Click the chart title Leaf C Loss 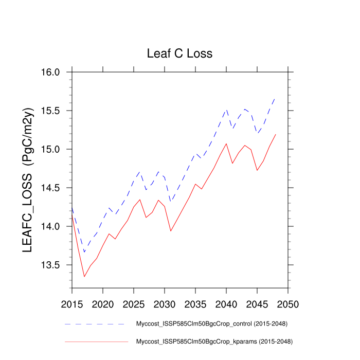179,53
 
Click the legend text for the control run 211,324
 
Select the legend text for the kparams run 214,341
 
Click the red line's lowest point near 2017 84,277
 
